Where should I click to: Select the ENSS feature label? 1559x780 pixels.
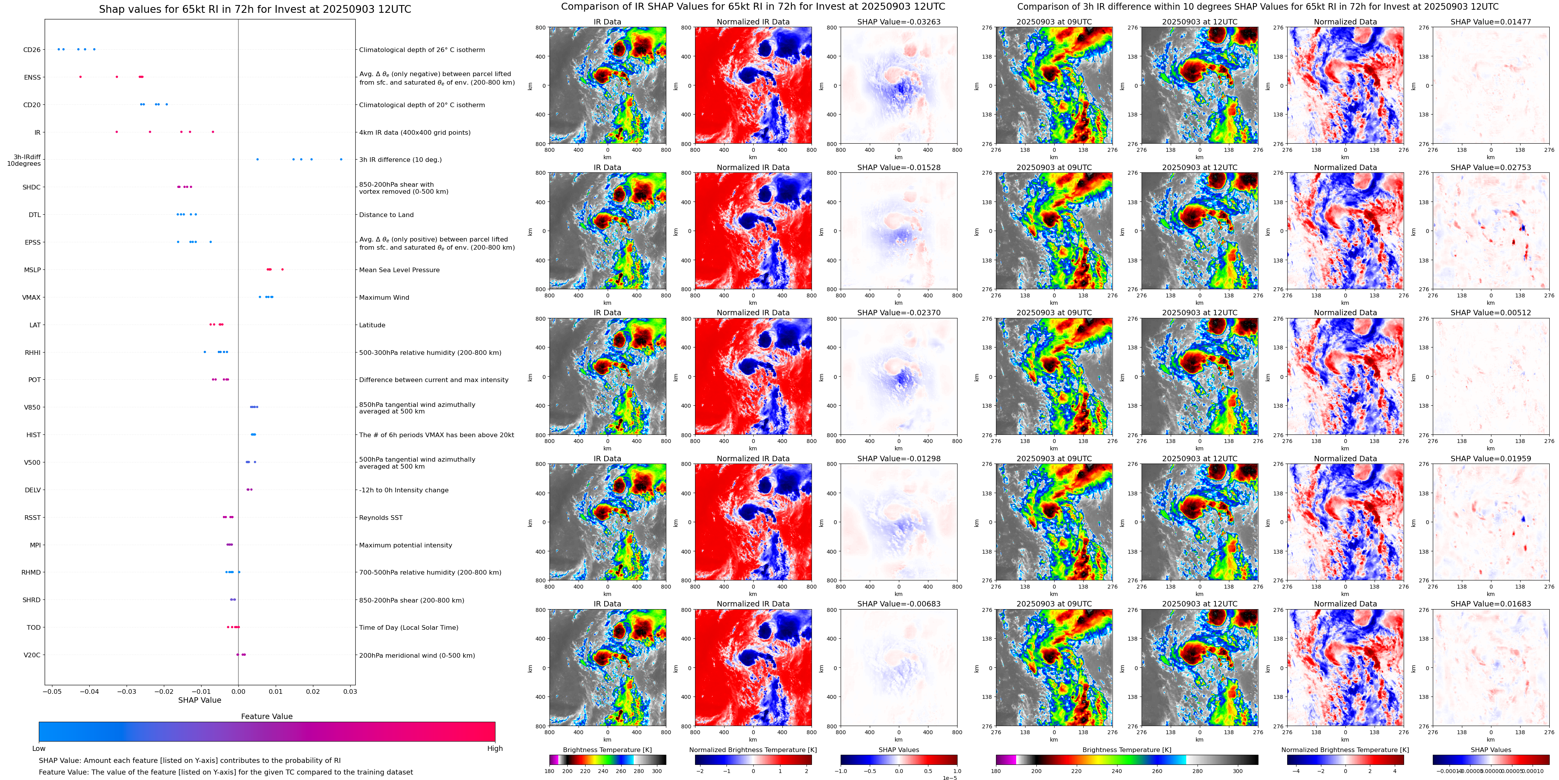click(x=32, y=77)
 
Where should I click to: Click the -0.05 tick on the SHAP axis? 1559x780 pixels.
click(x=52, y=691)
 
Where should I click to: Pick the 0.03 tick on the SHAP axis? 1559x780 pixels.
click(x=350, y=691)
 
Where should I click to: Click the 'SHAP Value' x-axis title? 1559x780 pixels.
click(x=199, y=700)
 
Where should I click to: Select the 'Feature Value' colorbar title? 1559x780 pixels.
click(x=266, y=716)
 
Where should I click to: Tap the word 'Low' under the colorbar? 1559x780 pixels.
click(x=39, y=749)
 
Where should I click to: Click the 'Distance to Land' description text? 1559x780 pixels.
click(x=386, y=215)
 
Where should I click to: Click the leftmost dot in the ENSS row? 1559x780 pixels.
click(x=80, y=77)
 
